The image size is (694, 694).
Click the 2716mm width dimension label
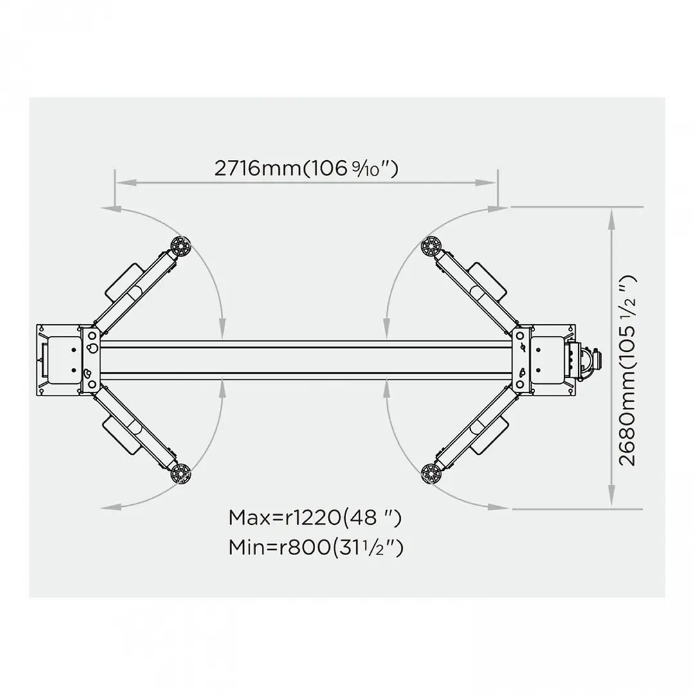[x=306, y=169]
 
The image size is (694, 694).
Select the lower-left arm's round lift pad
[x=180, y=474]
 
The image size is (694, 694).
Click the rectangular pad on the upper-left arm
[x=123, y=281]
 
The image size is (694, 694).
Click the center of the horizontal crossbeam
[x=306, y=360]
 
